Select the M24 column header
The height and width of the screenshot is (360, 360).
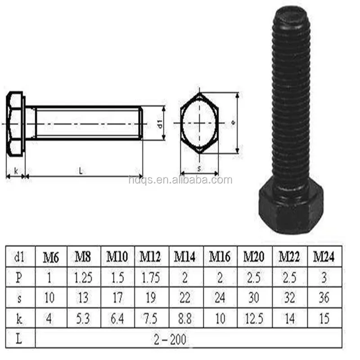[x=324, y=257]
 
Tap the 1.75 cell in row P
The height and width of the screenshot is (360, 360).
[x=151, y=278]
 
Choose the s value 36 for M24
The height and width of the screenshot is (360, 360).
[x=324, y=298]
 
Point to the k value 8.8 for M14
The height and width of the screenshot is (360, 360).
[x=185, y=319]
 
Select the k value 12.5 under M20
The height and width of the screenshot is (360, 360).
[x=254, y=319]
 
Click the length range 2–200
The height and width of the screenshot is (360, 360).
[x=186, y=338]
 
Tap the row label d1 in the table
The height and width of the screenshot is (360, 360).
[x=19, y=257]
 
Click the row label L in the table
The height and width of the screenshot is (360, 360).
[x=19, y=338]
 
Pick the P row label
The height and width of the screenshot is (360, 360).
[x=19, y=278]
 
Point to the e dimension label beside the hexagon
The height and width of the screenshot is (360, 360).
[x=233, y=122]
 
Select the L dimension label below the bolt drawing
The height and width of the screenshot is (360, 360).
[x=81, y=171]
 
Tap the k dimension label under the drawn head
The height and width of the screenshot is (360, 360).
[x=16, y=171]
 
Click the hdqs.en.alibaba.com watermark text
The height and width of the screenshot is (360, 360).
[x=180, y=180]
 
